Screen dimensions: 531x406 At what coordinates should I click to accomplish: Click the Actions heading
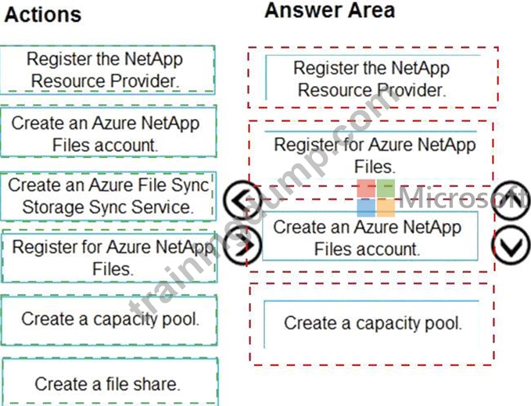(43, 15)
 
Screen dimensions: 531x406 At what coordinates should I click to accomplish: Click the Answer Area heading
(329, 10)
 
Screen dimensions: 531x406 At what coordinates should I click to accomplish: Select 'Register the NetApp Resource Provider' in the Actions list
(107, 70)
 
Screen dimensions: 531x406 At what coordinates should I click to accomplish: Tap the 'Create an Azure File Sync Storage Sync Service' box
(109, 196)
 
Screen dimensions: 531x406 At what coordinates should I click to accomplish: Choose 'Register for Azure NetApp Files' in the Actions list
(109, 257)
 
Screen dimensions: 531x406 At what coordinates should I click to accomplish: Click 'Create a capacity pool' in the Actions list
(109, 320)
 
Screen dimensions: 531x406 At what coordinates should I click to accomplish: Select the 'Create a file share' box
(110, 383)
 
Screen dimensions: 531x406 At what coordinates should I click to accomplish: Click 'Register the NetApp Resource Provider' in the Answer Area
(372, 78)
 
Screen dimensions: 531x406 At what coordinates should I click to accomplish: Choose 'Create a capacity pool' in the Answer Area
(371, 323)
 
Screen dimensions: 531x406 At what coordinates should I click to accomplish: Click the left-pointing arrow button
(242, 199)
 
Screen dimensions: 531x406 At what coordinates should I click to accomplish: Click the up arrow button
(511, 199)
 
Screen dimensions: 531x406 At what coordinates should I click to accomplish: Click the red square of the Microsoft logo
(366, 189)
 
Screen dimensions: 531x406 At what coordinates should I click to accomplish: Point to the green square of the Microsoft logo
(386, 189)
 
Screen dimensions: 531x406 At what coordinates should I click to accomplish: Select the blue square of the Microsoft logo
(366, 207)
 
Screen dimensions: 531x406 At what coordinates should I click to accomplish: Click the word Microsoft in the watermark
(463, 198)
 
